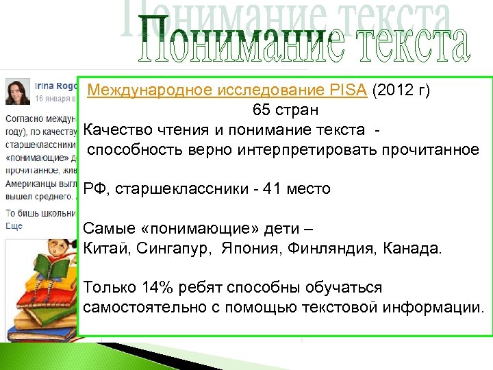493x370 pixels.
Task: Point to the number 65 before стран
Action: tap(261, 110)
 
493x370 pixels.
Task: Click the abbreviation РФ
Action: tap(93, 188)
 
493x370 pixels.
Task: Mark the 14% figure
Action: tap(159, 287)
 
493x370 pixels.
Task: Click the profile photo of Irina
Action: tap(18, 91)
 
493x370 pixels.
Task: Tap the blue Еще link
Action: tap(14, 225)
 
